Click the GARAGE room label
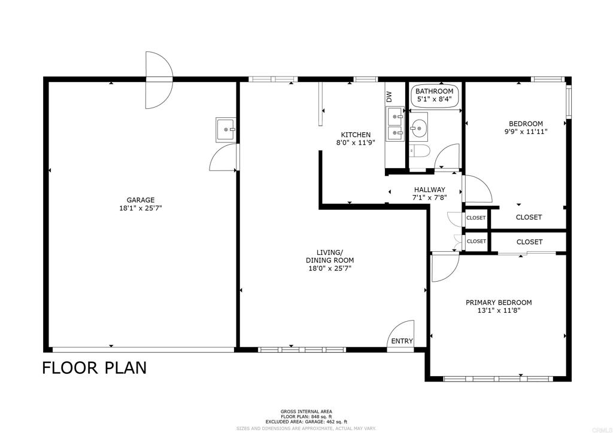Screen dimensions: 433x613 (140, 200)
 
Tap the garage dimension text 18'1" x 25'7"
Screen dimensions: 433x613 (140, 209)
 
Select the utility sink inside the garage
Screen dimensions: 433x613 (226, 128)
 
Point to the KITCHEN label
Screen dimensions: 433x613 (356, 135)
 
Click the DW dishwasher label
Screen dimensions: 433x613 (389, 95)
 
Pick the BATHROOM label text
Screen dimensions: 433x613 (435, 91)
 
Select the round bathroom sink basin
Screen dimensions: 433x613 (418, 126)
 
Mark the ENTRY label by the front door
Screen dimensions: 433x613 (402, 341)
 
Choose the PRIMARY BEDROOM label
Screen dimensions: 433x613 (498, 303)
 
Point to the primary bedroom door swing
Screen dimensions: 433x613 (444, 267)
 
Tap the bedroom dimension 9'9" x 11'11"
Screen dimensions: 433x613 (526, 132)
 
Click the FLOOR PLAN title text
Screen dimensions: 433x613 (94, 368)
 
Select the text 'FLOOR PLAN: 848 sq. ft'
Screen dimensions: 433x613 (306, 417)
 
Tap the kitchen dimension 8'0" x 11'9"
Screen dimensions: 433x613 (356, 143)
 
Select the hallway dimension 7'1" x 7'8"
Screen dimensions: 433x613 (429, 198)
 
